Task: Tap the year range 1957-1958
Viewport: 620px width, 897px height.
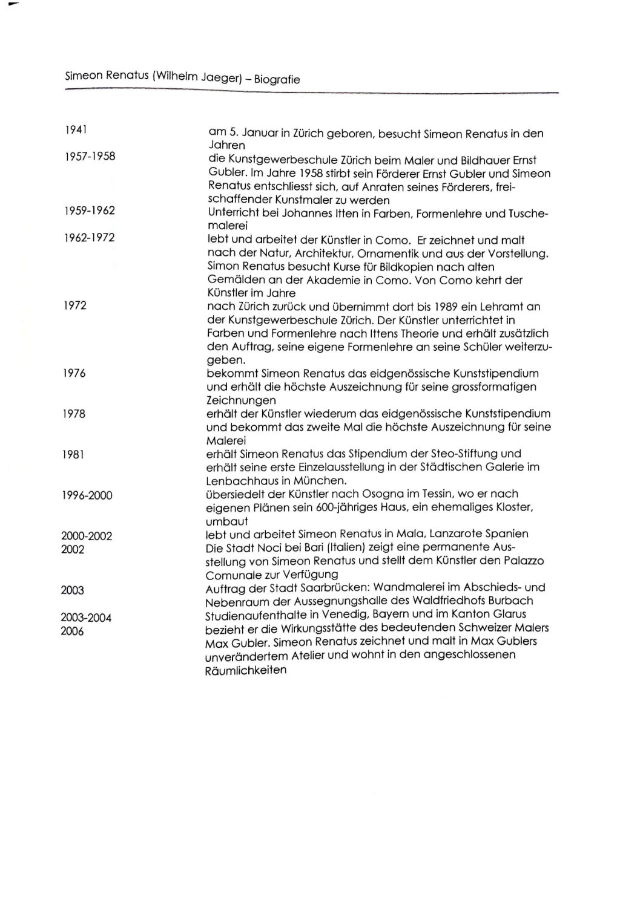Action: click(x=90, y=157)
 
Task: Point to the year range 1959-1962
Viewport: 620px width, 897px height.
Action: click(x=90, y=210)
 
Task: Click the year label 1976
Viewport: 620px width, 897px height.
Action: click(x=74, y=373)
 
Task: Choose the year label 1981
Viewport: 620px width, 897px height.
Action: click(x=73, y=454)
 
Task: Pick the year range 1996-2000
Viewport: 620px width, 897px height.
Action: click(x=87, y=495)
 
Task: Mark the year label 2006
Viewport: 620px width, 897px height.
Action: click(x=72, y=631)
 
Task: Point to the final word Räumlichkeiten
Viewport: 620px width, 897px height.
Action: click(x=246, y=670)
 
